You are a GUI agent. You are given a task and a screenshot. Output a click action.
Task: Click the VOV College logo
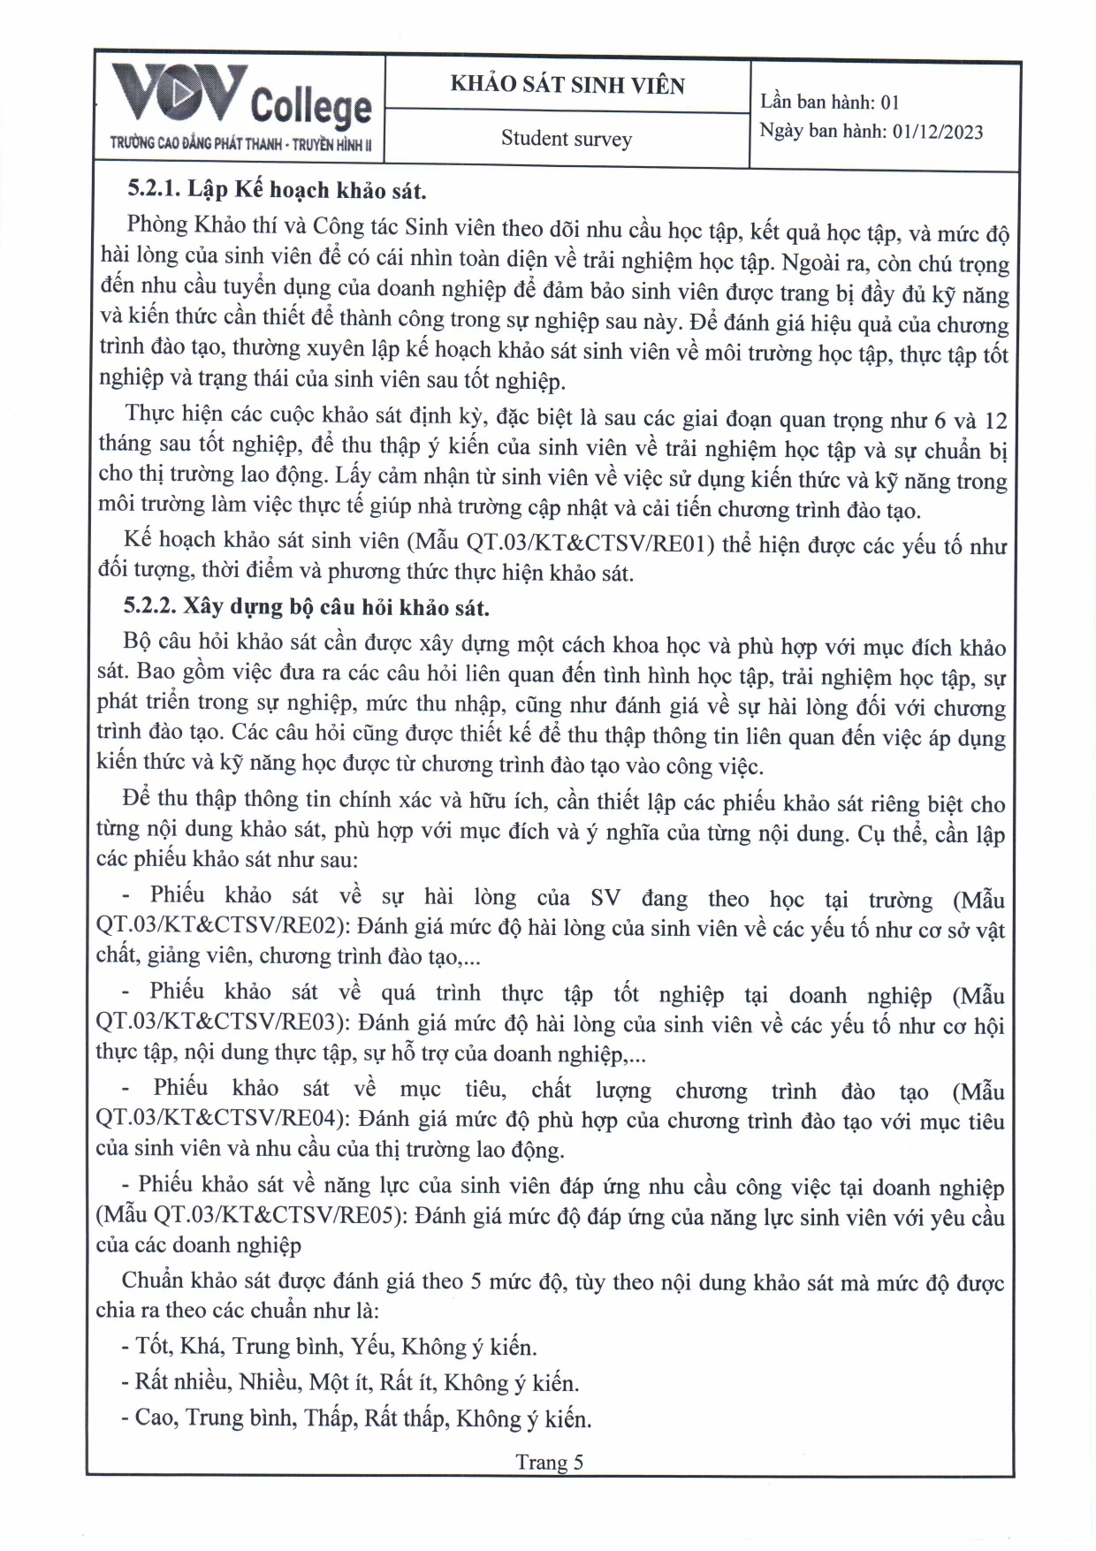click(x=240, y=97)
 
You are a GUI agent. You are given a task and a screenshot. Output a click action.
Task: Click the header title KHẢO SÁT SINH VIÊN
click(x=567, y=85)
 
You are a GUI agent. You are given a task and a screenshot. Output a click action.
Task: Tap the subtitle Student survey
click(x=567, y=139)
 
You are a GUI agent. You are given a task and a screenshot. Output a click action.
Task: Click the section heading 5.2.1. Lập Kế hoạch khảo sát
click(x=277, y=190)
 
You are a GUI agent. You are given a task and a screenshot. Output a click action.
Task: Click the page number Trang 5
click(x=550, y=1462)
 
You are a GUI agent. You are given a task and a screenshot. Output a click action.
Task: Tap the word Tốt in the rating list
click(x=153, y=1346)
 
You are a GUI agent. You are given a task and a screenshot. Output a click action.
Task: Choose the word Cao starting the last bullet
click(x=154, y=1418)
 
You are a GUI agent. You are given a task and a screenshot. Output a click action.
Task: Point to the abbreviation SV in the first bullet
click(x=605, y=898)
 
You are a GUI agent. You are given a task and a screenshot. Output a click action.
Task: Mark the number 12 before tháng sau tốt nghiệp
click(x=995, y=421)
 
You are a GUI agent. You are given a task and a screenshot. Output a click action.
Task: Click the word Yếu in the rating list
click(x=370, y=1346)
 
